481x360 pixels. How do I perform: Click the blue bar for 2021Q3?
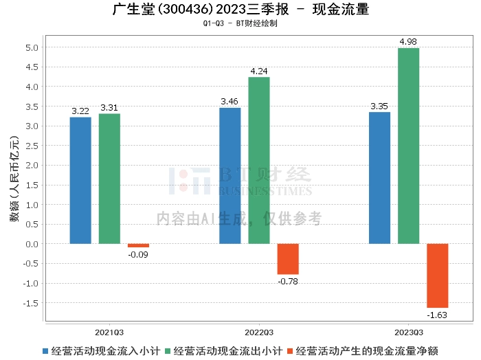(x=80, y=181)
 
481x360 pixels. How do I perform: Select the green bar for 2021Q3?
(x=109, y=179)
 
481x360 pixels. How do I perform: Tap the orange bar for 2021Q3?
(x=138, y=245)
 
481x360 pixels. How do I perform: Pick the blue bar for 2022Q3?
(x=230, y=176)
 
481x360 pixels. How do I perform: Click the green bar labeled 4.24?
(x=258, y=161)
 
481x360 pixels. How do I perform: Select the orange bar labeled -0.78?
(x=288, y=259)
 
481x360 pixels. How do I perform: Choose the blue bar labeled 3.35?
(x=379, y=178)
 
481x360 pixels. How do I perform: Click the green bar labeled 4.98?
(x=408, y=146)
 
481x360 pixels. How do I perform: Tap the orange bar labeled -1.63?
(x=437, y=275)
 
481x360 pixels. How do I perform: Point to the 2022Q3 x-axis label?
(x=258, y=330)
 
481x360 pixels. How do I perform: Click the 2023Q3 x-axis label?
(x=408, y=330)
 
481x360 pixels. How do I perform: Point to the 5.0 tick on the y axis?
(x=32, y=47)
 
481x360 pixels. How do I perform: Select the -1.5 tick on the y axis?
(x=31, y=303)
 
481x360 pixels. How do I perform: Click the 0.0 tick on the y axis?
(x=32, y=244)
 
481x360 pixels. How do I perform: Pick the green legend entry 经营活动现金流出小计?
(x=223, y=350)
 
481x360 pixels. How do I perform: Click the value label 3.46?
(x=230, y=102)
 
